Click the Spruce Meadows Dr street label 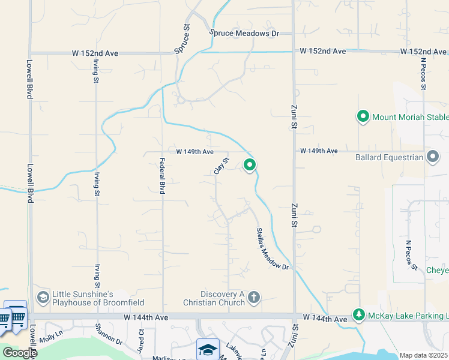click(244, 34)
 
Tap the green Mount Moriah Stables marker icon click(363, 117)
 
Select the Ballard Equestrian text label click(389, 158)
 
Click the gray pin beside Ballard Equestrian click(433, 158)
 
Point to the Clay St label click(221, 166)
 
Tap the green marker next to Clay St click(250, 164)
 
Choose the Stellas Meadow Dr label click(273, 248)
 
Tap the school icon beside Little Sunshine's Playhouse click(43, 297)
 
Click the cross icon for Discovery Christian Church click(254, 297)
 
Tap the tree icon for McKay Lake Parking click(358, 315)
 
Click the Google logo click(19, 353)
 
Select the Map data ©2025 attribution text click(423, 355)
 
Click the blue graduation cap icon click(208, 349)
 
